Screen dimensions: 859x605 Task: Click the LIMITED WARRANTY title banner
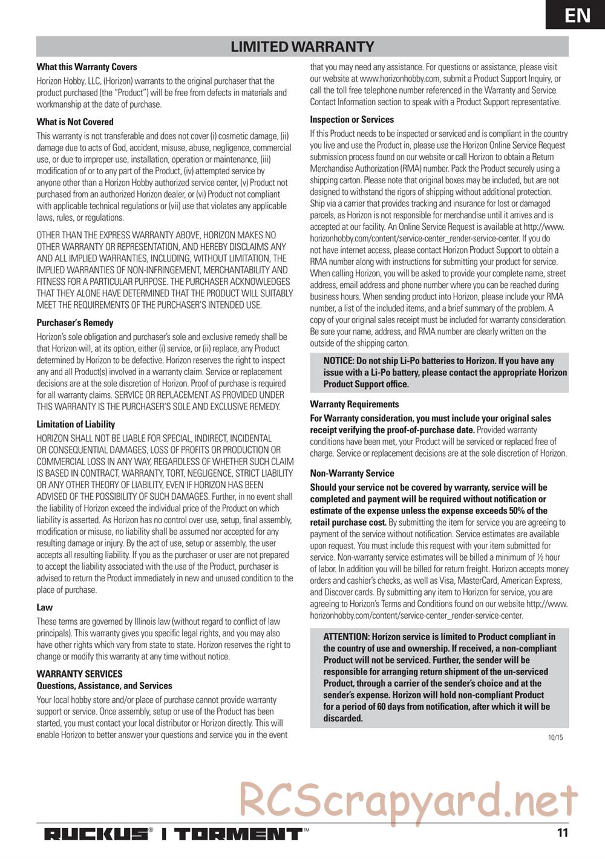click(302, 47)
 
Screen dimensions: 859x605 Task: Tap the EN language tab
click(578, 15)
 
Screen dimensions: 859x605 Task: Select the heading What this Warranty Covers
click(87, 67)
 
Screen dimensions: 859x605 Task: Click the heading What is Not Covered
click(75, 122)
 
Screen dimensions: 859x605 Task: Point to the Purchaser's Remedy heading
click(75, 323)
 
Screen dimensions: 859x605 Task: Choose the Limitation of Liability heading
click(76, 424)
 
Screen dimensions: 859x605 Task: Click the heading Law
click(45, 607)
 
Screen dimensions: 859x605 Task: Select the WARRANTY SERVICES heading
click(79, 674)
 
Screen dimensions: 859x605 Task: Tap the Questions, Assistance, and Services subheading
click(104, 686)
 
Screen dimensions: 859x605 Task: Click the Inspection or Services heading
click(352, 120)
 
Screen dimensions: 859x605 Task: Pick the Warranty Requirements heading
click(355, 404)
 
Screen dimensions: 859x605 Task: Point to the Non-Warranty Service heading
click(352, 473)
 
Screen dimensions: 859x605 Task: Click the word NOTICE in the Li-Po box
click(339, 361)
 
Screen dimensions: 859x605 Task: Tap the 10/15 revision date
click(555, 737)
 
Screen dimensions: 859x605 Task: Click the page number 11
click(562, 833)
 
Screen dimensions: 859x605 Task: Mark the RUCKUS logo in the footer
click(95, 834)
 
